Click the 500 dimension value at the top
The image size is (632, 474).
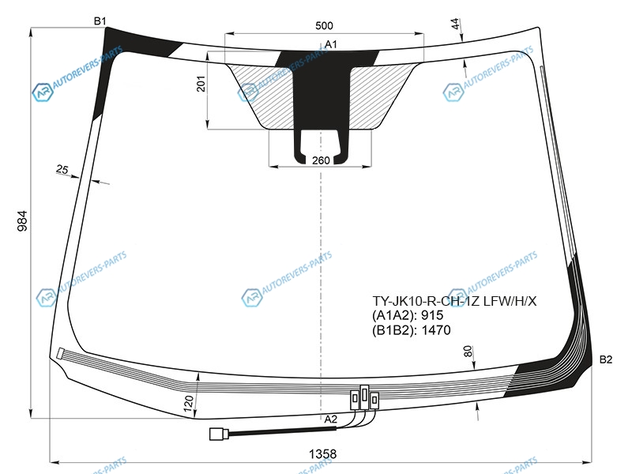324,26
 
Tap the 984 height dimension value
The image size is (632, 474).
22,220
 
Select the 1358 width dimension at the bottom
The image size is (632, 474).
322,454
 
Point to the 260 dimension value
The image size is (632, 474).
321,160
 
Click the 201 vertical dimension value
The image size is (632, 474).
201,84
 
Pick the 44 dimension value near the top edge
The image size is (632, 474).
455,24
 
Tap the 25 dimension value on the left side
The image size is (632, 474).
62,169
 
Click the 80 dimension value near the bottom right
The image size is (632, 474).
468,351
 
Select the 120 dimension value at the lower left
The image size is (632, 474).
189,404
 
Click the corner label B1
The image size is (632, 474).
100,21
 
